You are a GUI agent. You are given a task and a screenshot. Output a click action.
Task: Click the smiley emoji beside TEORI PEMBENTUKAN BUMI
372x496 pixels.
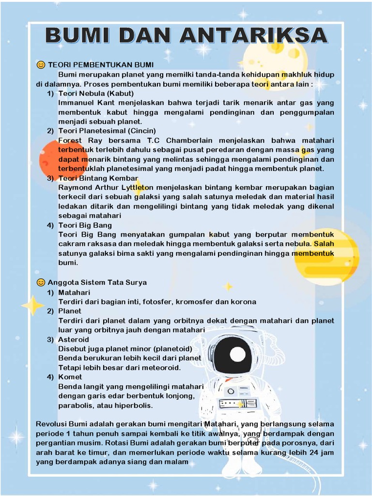[x=41, y=65]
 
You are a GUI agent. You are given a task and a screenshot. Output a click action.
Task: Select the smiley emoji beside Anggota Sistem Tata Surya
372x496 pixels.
[x=41, y=282]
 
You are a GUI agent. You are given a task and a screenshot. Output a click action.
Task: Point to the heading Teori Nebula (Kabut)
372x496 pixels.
[x=96, y=93]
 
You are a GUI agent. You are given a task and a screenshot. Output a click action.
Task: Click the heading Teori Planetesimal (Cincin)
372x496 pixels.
[x=107, y=131]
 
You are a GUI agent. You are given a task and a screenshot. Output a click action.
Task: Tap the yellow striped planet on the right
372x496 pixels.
[x=327, y=257]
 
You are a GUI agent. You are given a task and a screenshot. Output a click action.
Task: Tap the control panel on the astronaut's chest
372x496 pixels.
[x=237, y=403]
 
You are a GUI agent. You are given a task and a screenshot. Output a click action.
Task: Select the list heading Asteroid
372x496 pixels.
[x=74, y=340]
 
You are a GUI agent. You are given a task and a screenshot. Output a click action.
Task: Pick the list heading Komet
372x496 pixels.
[x=70, y=377]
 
